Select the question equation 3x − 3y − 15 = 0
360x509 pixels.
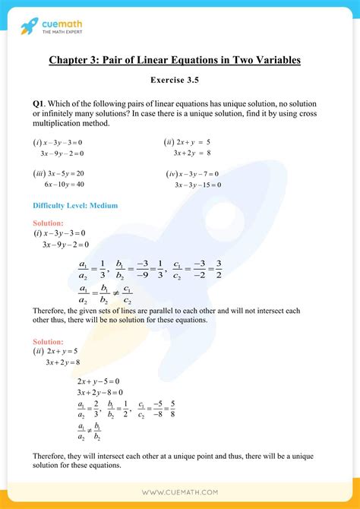click(x=197, y=185)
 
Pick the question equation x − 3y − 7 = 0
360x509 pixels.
click(x=196, y=173)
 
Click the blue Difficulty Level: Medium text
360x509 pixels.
click(x=75, y=205)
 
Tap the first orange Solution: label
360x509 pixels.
click(x=48, y=223)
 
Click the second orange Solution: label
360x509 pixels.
click(x=48, y=343)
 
